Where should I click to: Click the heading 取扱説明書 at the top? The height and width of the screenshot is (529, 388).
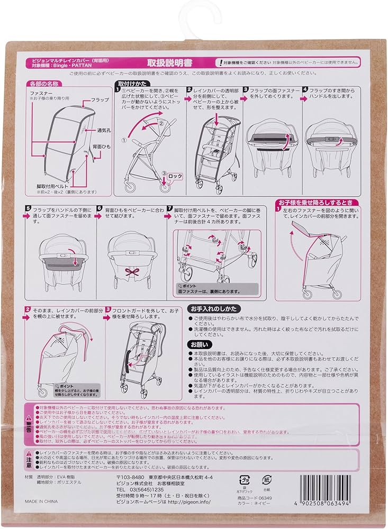(x=193, y=62)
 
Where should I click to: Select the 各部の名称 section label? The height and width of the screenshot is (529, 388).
(x=44, y=84)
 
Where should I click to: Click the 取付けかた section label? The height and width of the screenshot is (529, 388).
(x=130, y=84)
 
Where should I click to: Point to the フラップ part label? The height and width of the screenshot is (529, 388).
(x=99, y=99)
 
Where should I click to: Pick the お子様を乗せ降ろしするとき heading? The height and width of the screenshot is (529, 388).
(x=315, y=203)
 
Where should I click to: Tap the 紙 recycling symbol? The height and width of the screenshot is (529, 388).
(x=267, y=480)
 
